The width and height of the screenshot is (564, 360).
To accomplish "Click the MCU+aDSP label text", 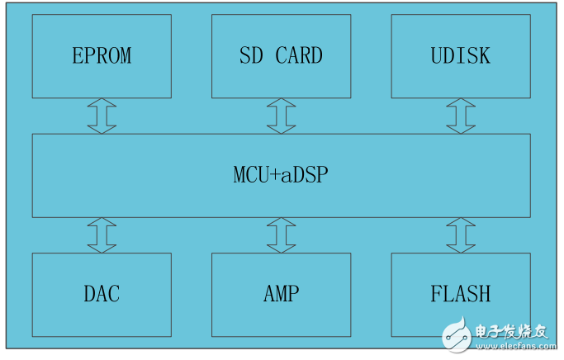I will [281, 175].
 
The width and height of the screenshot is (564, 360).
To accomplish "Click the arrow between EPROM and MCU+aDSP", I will [102, 116].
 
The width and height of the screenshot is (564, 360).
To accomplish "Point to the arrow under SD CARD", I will [281, 116].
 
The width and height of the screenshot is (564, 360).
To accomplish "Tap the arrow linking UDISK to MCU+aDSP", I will [460, 116].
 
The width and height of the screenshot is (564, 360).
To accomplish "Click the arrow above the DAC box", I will [102, 235].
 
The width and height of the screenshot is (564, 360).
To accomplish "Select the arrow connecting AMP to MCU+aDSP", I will [281, 235].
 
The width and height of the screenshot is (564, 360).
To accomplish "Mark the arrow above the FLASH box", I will [460, 235].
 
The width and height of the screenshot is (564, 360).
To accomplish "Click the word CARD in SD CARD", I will [299, 55].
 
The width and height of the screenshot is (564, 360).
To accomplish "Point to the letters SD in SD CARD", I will [251, 55].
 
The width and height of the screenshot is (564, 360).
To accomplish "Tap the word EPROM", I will [102, 55].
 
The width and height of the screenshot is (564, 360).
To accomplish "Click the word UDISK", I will [460, 55].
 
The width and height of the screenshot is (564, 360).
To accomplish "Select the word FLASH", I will [460, 293].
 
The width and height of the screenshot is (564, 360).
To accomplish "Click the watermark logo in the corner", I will [458, 334].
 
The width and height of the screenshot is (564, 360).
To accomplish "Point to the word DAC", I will [102, 293].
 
